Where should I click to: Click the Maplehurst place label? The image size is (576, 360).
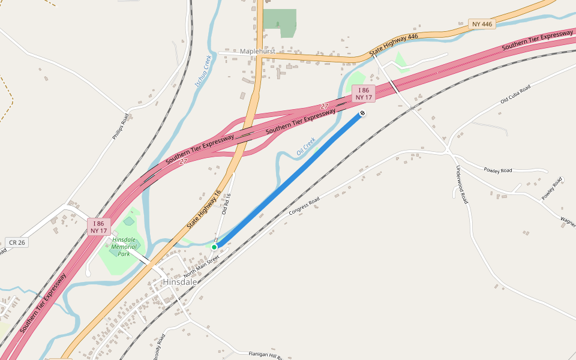pyautogui.click(x=257, y=52)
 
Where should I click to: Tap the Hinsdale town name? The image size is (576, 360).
pyautogui.click(x=181, y=281)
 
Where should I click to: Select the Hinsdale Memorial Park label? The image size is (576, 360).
pyautogui.click(x=124, y=246)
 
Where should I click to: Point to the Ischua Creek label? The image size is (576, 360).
pyautogui.click(x=203, y=71)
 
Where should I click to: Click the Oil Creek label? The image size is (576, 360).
pyautogui.click(x=306, y=147)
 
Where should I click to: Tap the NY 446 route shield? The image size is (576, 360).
pyautogui.click(x=482, y=24)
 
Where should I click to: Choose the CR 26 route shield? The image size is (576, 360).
pyautogui.click(x=16, y=242)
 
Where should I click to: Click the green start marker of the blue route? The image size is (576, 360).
pyautogui.click(x=214, y=247)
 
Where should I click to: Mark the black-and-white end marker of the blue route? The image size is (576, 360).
pyautogui.click(x=362, y=113)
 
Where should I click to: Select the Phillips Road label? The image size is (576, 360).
pyautogui.click(x=121, y=127)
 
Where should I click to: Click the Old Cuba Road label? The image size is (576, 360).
pyautogui.click(x=515, y=95)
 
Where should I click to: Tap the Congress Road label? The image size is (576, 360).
pyautogui.click(x=304, y=207)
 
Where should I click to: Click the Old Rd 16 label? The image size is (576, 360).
pyautogui.click(x=226, y=203)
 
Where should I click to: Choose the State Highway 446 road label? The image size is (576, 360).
pyautogui.click(x=394, y=46)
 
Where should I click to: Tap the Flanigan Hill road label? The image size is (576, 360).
pyautogui.click(x=265, y=355)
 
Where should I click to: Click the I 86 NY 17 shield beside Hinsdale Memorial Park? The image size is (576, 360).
pyautogui.click(x=98, y=227)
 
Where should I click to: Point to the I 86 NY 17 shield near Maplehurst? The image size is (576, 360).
pyautogui.click(x=364, y=94)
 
